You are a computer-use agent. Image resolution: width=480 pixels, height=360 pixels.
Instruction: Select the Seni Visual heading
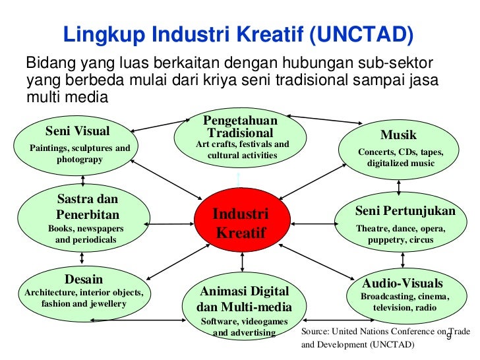point(78,131)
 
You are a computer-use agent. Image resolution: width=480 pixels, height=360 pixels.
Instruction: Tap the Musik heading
point(398,135)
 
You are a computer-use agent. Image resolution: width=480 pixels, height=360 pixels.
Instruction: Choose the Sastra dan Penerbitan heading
point(88,206)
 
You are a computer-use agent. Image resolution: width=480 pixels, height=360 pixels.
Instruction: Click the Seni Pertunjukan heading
point(405,211)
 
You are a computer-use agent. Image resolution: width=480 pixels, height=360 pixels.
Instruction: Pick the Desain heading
point(83,279)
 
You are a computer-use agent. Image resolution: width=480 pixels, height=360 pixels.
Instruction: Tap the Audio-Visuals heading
point(402,284)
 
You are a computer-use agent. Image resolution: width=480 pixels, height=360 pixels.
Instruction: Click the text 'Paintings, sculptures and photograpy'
point(80,154)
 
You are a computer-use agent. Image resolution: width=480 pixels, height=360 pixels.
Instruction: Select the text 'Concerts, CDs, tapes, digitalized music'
point(401,158)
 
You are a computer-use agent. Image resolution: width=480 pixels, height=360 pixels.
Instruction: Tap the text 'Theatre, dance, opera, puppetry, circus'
point(401,234)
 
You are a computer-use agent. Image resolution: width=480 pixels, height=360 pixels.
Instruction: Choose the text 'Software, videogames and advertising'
point(243,327)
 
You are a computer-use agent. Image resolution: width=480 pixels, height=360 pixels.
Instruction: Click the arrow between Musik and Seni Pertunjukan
point(400,188)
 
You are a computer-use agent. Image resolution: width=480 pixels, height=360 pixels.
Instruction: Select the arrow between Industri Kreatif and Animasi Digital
point(243,262)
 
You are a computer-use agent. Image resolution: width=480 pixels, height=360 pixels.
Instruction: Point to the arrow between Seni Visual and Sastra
point(83,180)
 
